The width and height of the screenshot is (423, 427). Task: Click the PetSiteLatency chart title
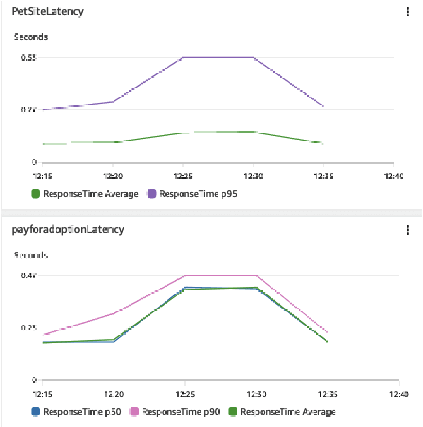pyautogui.click(x=47, y=12)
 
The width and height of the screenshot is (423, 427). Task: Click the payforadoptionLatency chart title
pyautogui.click(x=67, y=229)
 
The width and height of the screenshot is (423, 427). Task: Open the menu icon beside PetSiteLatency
pyautogui.click(x=407, y=12)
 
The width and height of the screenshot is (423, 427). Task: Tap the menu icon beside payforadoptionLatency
pyautogui.click(x=407, y=229)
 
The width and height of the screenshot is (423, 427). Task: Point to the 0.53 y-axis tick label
pyautogui.click(x=28, y=58)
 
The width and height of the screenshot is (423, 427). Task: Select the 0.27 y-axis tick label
pyautogui.click(x=28, y=110)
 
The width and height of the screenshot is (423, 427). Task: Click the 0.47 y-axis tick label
pyautogui.click(x=28, y=275)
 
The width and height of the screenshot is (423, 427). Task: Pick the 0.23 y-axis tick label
pyautogui.click(x=28, y=328)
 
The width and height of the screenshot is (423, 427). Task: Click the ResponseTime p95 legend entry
pyautogui.click(x=197, y=194)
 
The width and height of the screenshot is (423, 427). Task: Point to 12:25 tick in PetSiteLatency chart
pyautogui.click(x=183, y=175)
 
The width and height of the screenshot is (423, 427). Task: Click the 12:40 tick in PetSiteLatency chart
pyautogui.click(x=393, y=175)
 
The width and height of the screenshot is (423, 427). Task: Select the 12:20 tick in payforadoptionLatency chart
pyautogui.click(x=113, y=394)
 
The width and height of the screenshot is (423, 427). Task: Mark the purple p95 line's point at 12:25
pyautogui.click(x=183, y=58)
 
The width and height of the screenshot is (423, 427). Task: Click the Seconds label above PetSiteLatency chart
pyautogui.click(x=31, y=37)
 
